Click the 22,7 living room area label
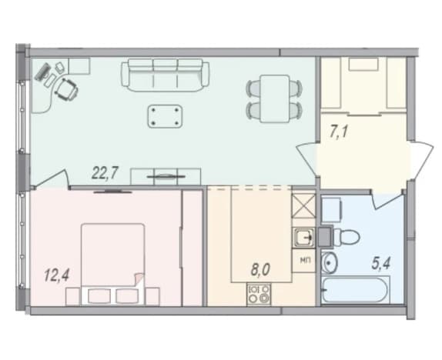pos(104,173)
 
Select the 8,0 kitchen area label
pos(260,269)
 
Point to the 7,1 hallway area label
pos(339,132)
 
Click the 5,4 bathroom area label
pos(382,264)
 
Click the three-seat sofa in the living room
pos(166,75)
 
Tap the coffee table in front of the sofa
pos(165,116)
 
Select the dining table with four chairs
pos(274,98)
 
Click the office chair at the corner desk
pos(66,89)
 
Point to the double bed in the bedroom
pos(112,264)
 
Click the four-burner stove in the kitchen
pos(259,294)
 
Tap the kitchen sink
pos(303,238)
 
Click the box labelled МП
pos(303,261)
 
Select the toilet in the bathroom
pos(346,237)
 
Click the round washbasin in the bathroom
pos(329,262)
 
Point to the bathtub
pos(356,290)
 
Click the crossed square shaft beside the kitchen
pos(303,206)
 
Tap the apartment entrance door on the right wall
pos(420,161)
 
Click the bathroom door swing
pos(387,198)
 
